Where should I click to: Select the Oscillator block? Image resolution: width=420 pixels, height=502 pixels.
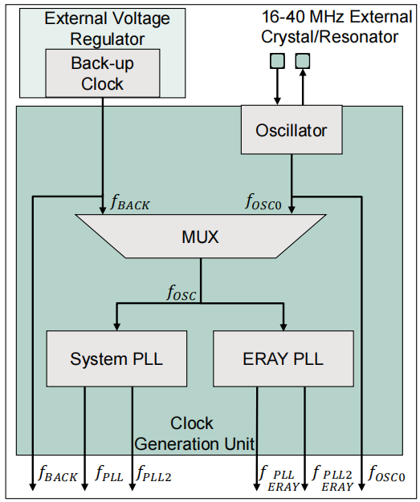[x=292, y=130]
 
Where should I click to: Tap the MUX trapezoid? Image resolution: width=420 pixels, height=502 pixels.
[x=200, y=237]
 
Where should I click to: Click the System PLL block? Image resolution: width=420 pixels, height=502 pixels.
[x=116, y=358]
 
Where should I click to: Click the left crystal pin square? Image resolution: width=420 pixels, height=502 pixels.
[x=277, y=60]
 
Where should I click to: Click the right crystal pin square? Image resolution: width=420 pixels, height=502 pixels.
[x=303, y=60]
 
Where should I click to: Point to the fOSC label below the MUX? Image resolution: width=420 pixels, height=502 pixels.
[x=181, y=293]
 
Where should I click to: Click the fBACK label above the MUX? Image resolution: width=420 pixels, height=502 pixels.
[x=129, y=204]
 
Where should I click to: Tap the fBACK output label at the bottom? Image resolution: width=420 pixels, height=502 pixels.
[x=58, y=475]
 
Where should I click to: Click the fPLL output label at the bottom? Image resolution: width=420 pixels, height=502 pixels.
[x=109, y=475]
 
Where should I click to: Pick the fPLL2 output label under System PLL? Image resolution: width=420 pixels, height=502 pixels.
[x=153, y=475]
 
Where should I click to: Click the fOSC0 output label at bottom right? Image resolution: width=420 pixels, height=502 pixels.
[x=387, y=475]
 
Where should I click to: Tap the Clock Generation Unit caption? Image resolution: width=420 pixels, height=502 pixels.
[x=192, y=433]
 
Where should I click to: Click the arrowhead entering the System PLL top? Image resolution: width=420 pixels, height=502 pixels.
[x=116, y=325]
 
